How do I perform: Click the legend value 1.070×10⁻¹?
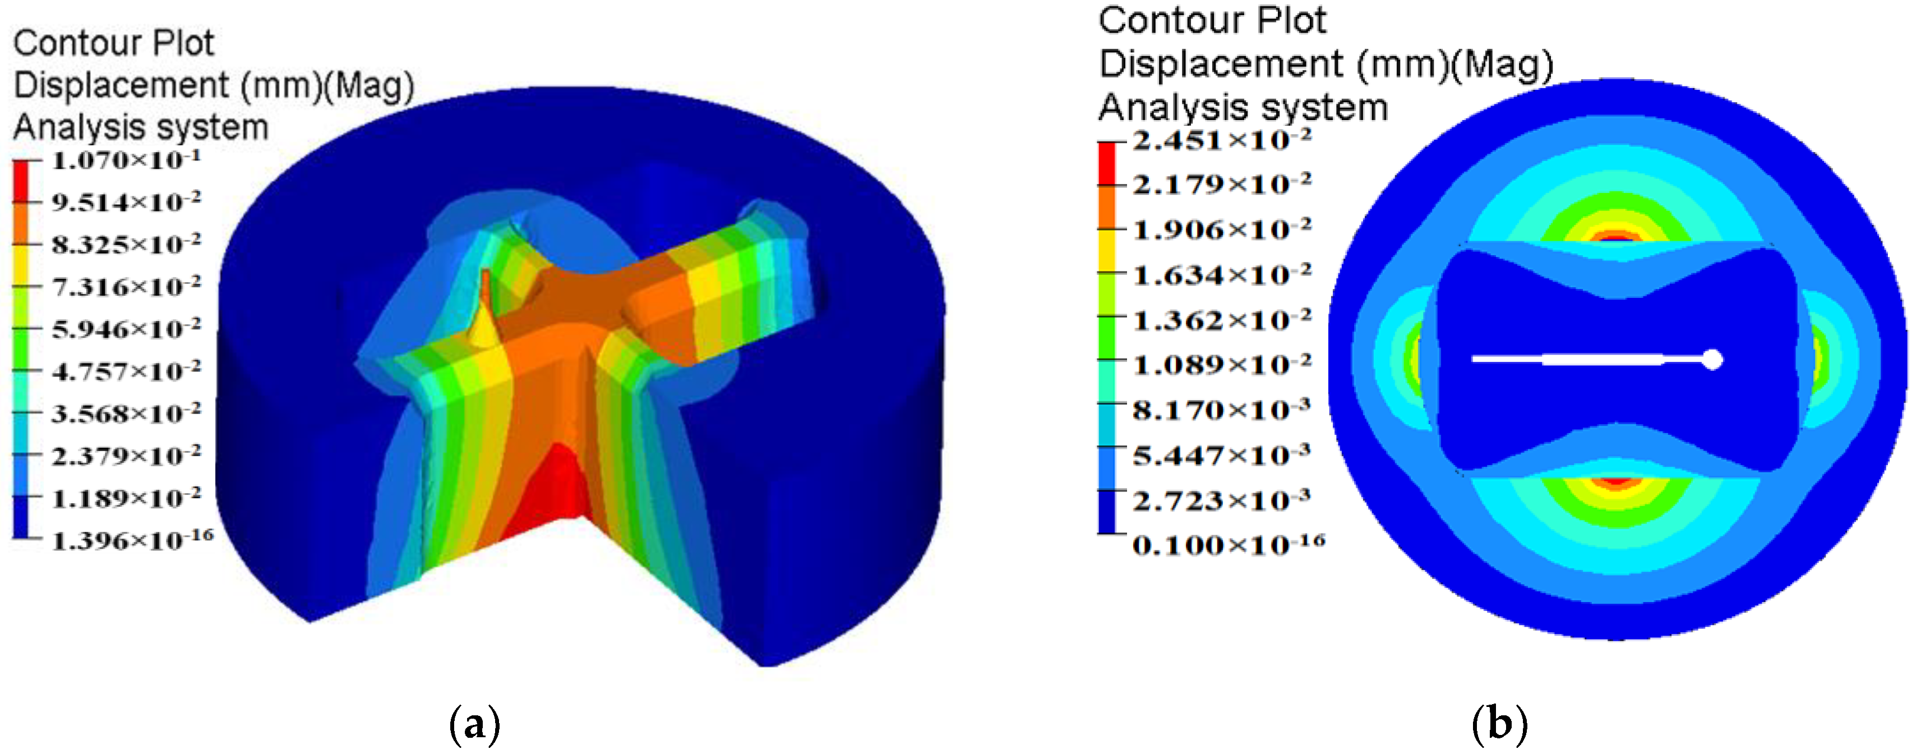[x=125, y=160]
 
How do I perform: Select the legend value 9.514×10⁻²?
[x=125, y=202]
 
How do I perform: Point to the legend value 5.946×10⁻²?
[x=125, y=329]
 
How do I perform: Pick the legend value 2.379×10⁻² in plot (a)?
[x=125, y=456]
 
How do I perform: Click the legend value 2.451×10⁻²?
[x=1221, y=140]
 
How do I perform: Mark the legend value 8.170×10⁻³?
[x=1221, y=410]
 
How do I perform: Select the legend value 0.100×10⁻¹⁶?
[x=1228, y=545]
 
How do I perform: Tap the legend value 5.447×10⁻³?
[x=1221, y=455]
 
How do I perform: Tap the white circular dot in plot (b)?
[x=1713, y=360]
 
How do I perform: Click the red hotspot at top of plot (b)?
[x=1616, y=238]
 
